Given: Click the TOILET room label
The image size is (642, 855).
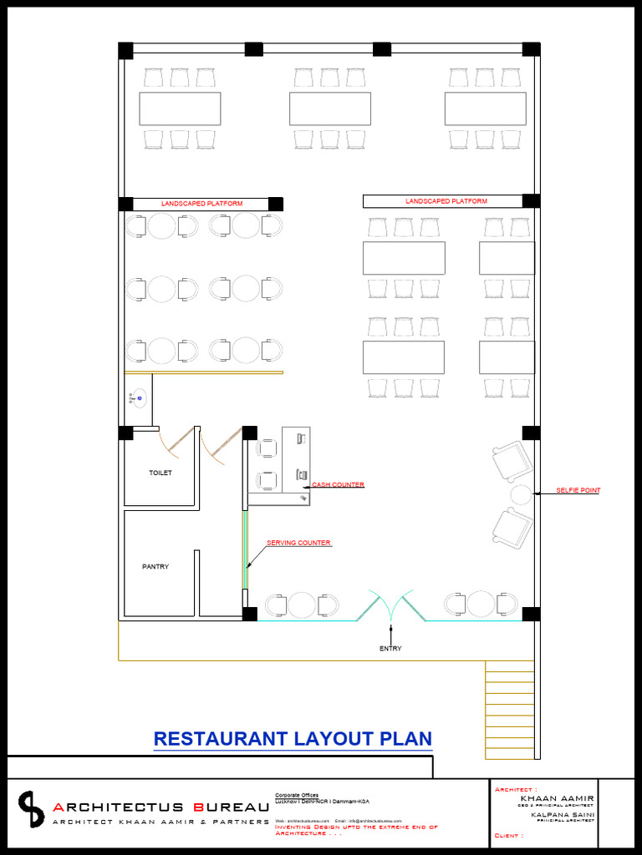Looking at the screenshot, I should [x=160, y=473].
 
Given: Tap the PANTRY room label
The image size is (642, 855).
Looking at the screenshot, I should [x=155, y=567].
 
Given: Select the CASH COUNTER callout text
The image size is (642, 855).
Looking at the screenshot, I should [x=339, y=485].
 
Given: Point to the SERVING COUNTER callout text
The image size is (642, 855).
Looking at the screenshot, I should [x=298, y=544].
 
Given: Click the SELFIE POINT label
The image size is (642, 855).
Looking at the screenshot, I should [x=578, y=491].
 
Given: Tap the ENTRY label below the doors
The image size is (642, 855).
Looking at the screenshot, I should [x=390, y=649].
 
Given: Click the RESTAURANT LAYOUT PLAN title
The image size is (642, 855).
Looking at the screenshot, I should [x=293, y=739].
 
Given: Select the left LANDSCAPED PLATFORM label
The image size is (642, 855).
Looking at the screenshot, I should [x=202, y=204].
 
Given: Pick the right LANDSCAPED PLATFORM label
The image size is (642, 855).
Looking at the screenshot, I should [x=446, y=201].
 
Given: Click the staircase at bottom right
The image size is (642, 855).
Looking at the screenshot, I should [x=509, y=709].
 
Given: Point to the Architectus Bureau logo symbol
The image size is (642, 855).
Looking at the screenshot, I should [x=32, y=809].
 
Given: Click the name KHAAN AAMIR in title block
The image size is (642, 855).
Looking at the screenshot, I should [x=557, y=799].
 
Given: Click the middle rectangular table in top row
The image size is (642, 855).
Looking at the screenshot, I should [x=330, y=109].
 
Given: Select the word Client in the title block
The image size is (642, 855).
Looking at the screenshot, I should [x=507, y=835].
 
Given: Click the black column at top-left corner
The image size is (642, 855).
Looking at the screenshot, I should [x=125, y=49].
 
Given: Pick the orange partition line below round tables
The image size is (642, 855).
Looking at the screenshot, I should [x=204, y=372].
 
